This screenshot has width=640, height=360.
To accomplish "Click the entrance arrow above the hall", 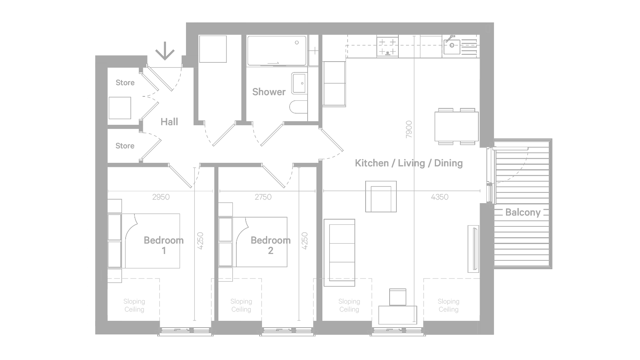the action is (165, 51).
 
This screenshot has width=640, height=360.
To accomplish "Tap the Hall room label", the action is (169, 122).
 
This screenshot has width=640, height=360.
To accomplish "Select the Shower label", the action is (269, 92).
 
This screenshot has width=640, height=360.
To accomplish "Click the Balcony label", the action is (523, 212).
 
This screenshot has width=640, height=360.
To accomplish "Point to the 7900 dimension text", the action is (409, 130).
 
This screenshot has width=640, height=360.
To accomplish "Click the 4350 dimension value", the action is (440, 197).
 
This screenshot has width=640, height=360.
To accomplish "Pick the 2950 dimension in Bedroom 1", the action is (161, 197).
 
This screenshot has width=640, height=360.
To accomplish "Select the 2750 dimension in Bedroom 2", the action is (263, 197).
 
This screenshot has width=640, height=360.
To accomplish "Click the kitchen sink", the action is (452, 47).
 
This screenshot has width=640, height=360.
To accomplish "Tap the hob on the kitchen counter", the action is (388, 46).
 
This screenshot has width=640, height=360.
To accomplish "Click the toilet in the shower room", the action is (298, 107).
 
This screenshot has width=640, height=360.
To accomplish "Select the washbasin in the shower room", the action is (299, 84).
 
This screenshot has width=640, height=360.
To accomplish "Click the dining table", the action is (456, 126).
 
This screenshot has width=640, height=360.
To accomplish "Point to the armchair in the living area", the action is (381, 196).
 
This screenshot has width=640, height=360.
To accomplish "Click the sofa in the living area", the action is (340, 252).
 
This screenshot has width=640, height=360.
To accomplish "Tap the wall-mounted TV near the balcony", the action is (474, 249).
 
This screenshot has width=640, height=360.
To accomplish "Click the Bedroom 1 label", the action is (164, 246).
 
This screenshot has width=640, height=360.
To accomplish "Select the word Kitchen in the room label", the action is (372, 163).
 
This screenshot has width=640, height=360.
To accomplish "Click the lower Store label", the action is (125, 146).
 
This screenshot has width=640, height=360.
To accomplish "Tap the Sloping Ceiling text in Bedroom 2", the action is (241, 306).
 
